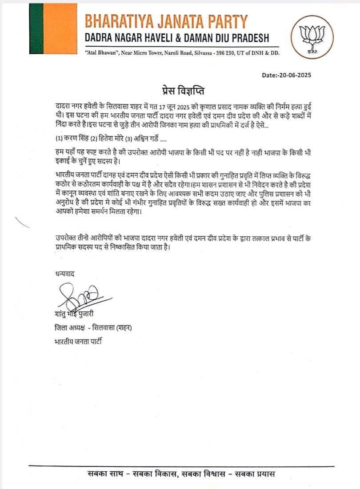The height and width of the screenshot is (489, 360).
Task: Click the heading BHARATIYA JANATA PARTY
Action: [x=165, y=21]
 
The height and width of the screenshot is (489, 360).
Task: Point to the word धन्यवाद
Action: [x=62, y=274]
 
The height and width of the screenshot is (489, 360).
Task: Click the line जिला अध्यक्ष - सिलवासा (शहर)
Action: [x=92, y=328]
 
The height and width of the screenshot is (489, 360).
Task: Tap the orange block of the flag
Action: [x=60, y=28]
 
